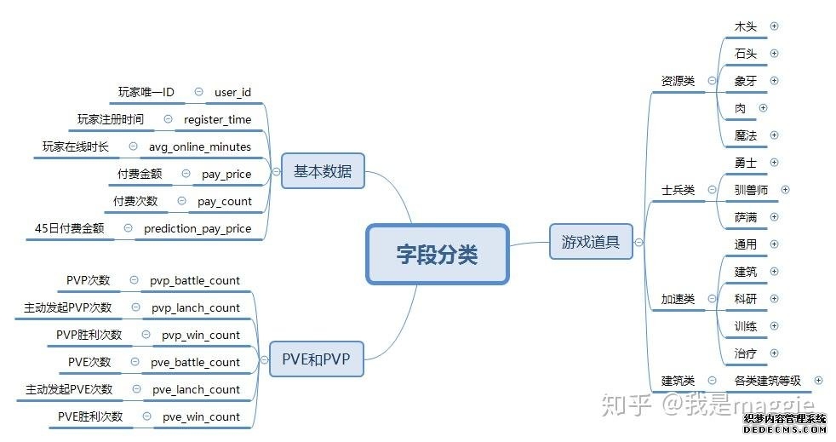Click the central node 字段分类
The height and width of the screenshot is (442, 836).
[438, 254]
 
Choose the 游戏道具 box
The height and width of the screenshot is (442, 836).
[590, 242]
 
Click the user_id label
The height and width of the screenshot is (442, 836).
[232, 92]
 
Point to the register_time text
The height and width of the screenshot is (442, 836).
[217, 119]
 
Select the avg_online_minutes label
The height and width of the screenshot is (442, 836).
[200, 146]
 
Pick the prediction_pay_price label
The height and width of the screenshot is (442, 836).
[198, 228]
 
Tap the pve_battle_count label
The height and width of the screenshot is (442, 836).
[196, 362]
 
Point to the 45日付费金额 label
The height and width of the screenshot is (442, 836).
[69, 228]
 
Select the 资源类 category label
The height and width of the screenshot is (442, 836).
[678, 81]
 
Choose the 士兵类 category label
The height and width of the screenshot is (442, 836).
[678, 190]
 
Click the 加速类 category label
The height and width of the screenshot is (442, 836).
[678, 299]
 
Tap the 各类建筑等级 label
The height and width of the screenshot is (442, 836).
[767, 381]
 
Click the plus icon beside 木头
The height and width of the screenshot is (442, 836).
[774, 26]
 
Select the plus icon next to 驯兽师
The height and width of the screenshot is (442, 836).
[785, 190]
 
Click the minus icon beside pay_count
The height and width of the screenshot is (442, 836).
[181, 201]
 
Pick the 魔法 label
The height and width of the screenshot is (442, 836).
[745, 135]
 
